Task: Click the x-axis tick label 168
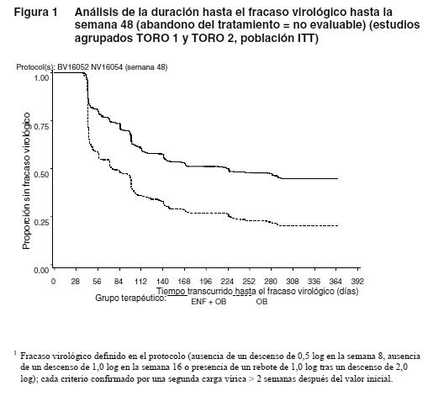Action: [184, 281]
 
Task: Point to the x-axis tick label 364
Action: [336, 281]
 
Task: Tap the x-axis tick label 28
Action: [75, 281]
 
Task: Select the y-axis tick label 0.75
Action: [41, 126]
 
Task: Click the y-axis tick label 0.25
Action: [41, 222]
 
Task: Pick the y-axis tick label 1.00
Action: [41, 77]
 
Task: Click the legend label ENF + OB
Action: [209, 302]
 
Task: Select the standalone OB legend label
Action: [262, 302]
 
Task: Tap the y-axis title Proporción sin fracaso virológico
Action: [27, 181]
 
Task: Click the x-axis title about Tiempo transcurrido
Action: [257, 292]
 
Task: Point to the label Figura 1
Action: [35, 12]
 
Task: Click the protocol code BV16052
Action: [73, 67]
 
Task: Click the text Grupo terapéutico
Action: [130, 298]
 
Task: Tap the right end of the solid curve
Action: [338, 178]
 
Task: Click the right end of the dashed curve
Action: [338, 225]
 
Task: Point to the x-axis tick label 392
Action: [357, 281]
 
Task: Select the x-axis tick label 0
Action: [53, 281]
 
